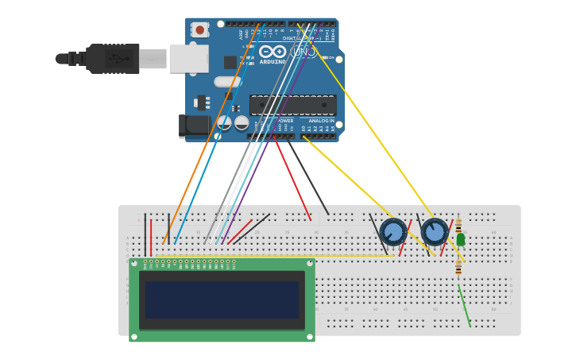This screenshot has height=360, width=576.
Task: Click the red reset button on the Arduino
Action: [x=199, y=30]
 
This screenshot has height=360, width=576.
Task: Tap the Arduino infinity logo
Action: [x=272, y=52]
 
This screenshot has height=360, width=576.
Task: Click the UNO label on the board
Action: [x=303, y=52]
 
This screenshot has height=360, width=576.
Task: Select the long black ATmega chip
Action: [x=292, y=105]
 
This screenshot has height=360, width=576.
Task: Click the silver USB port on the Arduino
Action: [x=188, y=58]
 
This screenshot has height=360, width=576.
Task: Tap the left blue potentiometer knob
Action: [x=393, y=232]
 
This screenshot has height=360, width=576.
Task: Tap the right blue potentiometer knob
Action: [x=435, y=232]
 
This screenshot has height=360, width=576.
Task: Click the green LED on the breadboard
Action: [x=460, y=239]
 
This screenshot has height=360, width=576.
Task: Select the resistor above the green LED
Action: [x=458, y=225]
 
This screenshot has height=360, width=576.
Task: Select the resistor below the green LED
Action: [x=458, y=268]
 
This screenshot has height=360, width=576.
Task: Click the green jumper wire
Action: [x=464, y=305]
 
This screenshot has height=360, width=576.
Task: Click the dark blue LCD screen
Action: [x=222, y=300]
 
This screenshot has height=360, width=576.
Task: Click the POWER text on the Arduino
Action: [x=285, y=121]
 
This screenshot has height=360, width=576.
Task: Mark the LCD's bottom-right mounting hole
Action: [x=310, y=335]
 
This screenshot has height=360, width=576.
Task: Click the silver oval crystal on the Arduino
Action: [x=227, y=81]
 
